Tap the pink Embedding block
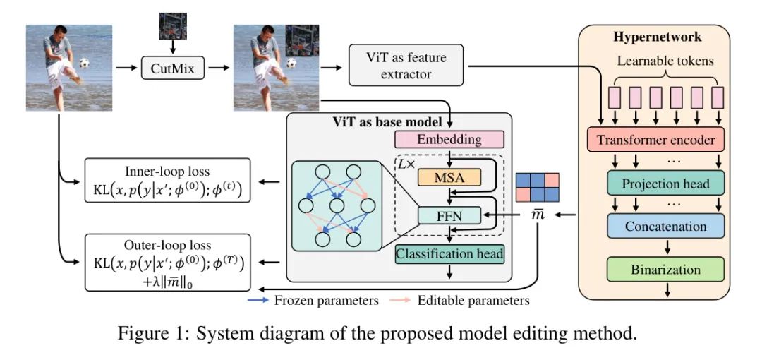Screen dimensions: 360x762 (449, 139)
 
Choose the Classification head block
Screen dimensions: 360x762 (449, 253)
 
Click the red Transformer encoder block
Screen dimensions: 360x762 (655, 140)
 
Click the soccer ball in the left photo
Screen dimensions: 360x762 (85, 64)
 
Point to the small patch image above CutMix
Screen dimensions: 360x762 (172, 26)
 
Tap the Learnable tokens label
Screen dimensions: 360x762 (665, 61)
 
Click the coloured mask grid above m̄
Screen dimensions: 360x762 (538, 186)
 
